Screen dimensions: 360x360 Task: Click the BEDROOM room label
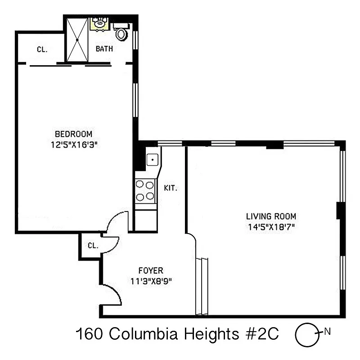click(x=73, y=134)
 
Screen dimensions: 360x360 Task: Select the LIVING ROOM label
click(x=270, y=216)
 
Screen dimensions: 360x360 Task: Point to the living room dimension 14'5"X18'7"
click(x=270, y=227)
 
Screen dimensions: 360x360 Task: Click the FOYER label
click(x=150, y=270)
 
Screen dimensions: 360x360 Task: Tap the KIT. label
click(x=170, y=188)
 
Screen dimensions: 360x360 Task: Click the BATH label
click(x=104, y=49)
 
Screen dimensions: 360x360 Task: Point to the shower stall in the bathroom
click(x=77, y=40)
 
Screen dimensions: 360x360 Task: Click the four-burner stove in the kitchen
click(x=145, y=190)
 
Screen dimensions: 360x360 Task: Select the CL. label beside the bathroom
click(x=42, y=49)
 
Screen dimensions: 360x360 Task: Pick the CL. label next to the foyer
click(x=93, y=246)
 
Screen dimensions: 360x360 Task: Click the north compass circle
click(x=305, y=334)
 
